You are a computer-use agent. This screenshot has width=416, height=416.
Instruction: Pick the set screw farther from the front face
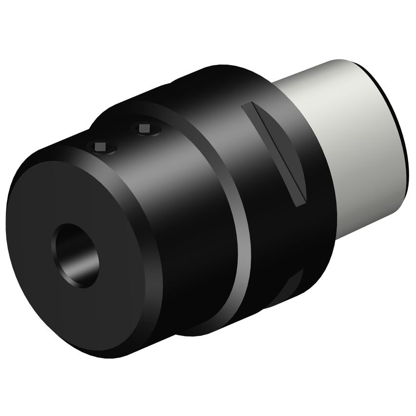[144, 128]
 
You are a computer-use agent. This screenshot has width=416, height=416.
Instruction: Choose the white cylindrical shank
[360, 146]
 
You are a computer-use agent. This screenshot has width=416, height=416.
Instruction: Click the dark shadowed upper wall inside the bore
[73, 239]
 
